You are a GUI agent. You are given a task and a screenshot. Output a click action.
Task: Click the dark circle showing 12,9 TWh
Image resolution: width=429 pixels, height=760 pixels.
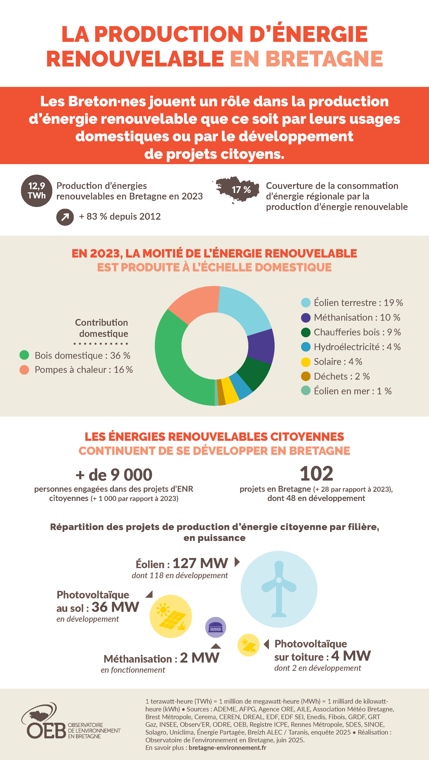click(37, 191)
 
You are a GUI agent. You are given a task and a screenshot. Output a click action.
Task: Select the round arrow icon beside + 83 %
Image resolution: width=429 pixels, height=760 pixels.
click(65, 217)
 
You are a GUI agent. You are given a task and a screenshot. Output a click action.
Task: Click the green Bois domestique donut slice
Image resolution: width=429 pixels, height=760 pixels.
click(174, 366)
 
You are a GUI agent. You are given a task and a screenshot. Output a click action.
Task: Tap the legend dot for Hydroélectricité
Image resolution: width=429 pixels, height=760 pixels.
click(305, 347)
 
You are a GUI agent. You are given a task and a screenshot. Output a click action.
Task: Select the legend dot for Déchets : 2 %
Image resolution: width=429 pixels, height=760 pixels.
click(305, 376)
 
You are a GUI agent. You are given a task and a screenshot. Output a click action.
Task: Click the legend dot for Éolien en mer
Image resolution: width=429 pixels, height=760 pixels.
click(305, 391)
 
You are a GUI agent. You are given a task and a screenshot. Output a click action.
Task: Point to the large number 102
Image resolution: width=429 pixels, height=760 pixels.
click(316, 473)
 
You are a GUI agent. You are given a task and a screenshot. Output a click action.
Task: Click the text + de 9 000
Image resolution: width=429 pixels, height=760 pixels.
click(114, 475)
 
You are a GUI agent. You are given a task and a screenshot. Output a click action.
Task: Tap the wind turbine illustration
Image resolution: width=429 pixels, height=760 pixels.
click(279, 589)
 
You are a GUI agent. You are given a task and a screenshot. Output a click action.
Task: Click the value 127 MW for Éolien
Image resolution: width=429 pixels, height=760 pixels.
click(200, 563)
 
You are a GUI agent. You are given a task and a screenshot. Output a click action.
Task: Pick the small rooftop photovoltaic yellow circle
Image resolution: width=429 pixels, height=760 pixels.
click(248, 645)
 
